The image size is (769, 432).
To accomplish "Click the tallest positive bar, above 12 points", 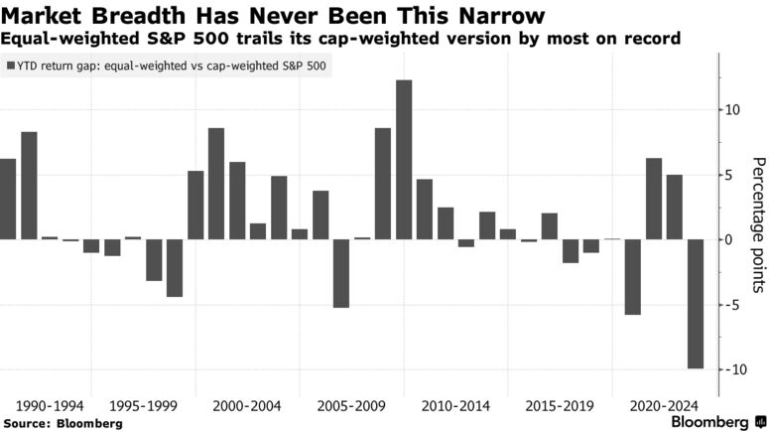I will pos(404,159).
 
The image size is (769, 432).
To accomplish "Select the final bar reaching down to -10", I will pos(696,304).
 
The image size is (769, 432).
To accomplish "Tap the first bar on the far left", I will pos(8,199).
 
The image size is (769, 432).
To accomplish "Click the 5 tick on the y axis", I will pos(731,175).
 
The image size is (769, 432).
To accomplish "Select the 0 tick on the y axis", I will pos(731,239).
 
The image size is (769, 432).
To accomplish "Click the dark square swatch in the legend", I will pos(11,67).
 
